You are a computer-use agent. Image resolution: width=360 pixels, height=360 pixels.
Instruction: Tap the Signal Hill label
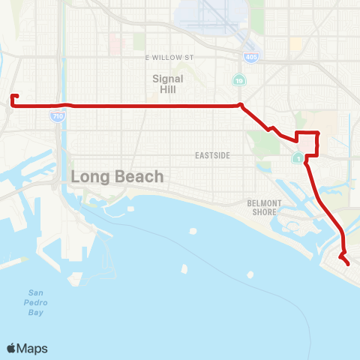pyautogui.click(x=163, y=83)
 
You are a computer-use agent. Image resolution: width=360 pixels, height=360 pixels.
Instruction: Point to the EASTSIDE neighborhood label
pyautogui.click(x=211, y=155)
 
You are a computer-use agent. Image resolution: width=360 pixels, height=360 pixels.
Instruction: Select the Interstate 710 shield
pyautogui.click(x=57, y=116)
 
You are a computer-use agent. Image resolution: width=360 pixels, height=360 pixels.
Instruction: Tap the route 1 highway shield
pyautogui.click(x=298, y=158)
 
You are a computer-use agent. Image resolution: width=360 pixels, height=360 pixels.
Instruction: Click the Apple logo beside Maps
pyautogui.click(x=12, y=348)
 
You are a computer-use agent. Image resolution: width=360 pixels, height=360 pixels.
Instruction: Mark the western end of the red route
pyautogui.click(x=12, y=96)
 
